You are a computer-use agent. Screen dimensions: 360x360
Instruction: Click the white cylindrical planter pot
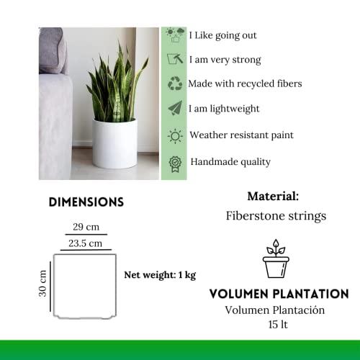click(x=114, y=144)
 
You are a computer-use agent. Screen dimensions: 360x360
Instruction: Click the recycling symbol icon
click(x=175, y=84)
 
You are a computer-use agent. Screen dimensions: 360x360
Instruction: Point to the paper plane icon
click(x=175, y=109)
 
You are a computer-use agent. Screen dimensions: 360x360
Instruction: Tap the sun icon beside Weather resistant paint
click(x=175, y=135)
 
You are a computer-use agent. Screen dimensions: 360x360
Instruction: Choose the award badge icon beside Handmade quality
click(x=175, y=162)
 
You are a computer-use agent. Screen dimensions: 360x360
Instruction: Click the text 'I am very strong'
click(x=225, y=60)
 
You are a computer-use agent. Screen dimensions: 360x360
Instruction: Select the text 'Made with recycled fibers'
click(x=245, y=84)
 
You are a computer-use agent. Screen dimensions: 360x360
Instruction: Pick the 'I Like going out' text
click(x=222, y=35)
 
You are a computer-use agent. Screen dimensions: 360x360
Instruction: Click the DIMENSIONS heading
click(x=86, y=202)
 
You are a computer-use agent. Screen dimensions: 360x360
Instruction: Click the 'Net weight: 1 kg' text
click(x=160, y=274)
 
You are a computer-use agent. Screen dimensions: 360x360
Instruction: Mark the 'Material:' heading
click(x=273, y=196)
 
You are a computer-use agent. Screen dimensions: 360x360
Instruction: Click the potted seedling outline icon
click(x=276, y=259)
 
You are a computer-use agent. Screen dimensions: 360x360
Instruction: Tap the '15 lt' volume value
click(x=276, y=325)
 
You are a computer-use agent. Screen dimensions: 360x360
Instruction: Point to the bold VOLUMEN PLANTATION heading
click(x=279, y=294)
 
